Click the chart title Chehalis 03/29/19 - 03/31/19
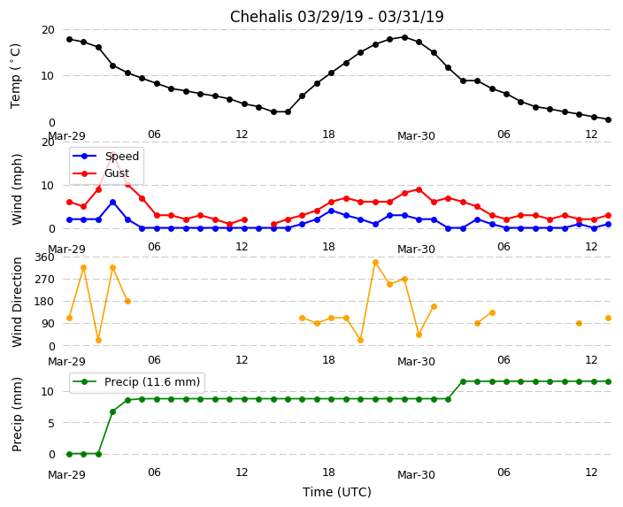(x=336, y=17)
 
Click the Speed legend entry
(x=121, y=157)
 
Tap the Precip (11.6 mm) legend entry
(x=150, y=382)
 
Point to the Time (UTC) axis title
(x=336, y=492)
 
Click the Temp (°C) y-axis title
(x=16, y=75)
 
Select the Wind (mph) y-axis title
(x=18, y=188)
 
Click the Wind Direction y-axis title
(x=18, y=302)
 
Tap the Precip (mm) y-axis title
(x=18, y=414)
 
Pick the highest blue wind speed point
(x=112, y=202)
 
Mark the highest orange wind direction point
(x=375, y=262)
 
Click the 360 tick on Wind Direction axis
(x=44, y=257)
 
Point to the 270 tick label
(x=44, y=280)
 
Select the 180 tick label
(x=44, y=302)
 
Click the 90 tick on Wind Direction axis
(x=47, y=324)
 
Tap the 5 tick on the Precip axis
(x=50, y=423)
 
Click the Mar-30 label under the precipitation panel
(x=416, y=475)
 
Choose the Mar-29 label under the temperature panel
(x=66, y=136)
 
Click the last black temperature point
(x=608, y=119)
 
